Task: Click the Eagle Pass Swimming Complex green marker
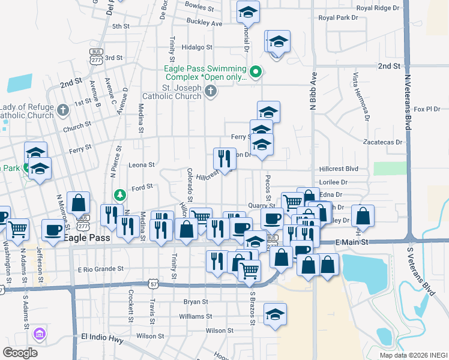(256, 73)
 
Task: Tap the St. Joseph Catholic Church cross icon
(210, 91)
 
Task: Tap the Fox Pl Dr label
(427, 109)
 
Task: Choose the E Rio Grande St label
(100, 269)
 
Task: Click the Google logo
(20, 352)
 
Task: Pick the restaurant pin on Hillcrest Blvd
(224, 158)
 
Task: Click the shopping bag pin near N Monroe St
(78, 202)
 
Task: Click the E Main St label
(351, 241)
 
